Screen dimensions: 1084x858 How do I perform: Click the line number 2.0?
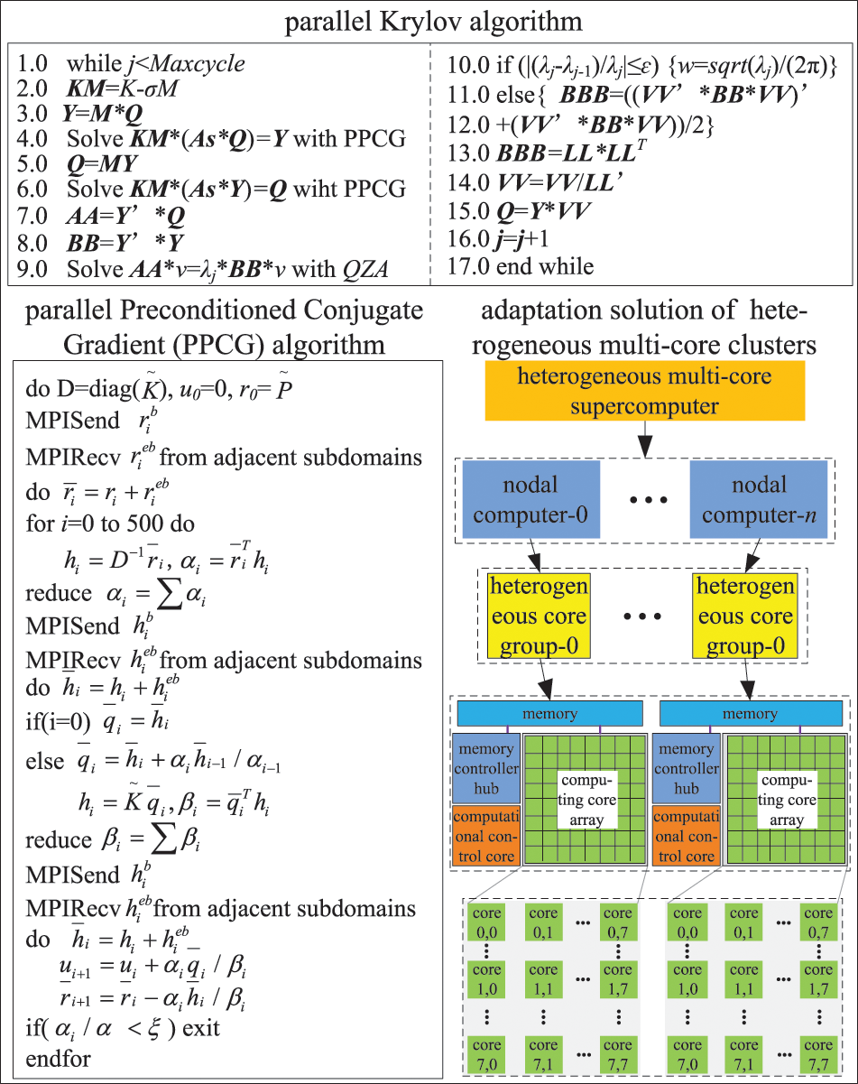coord(33,89)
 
